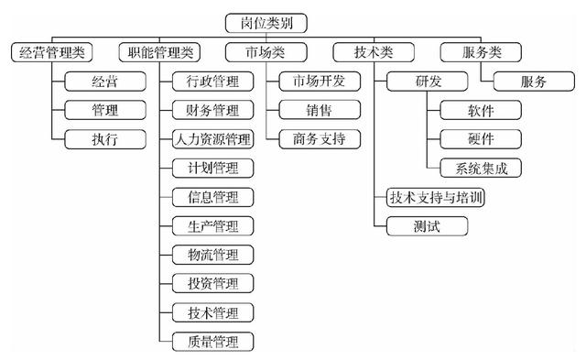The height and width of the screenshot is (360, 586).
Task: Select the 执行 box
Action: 104,139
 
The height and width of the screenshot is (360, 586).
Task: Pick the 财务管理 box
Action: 212,111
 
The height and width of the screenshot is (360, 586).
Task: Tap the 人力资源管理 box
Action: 212,139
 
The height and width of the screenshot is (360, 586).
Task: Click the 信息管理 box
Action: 212,196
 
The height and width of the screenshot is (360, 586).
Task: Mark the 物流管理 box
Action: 212,254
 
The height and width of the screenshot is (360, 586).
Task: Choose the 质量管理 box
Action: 212,342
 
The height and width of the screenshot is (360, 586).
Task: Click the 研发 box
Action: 427,82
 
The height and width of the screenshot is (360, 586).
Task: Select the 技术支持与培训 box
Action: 436,196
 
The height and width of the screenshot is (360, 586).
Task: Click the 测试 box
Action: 427,225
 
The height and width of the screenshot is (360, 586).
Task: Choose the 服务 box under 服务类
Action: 534,82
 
